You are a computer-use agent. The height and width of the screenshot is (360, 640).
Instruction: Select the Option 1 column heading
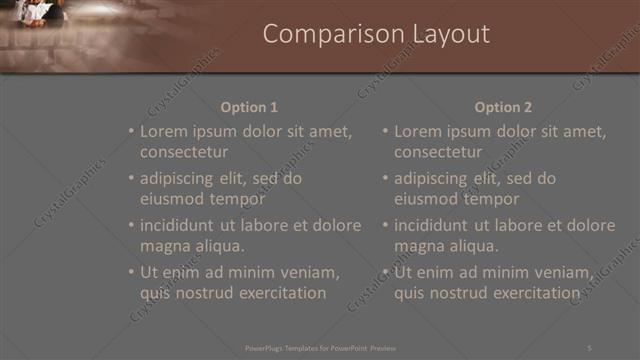pyautogui.click(x=249, y=108)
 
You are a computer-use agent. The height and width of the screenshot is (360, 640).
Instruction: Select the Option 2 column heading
pyautogui.click(x=503, y=108)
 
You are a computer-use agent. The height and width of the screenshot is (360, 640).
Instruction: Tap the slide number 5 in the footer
pyautogui.click(x=589, y=347)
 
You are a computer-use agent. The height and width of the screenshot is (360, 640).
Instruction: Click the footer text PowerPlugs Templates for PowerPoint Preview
pyautogui.click(x=320, y=347)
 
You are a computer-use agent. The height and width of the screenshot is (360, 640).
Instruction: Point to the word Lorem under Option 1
pyautogui.click(x=164, y=131)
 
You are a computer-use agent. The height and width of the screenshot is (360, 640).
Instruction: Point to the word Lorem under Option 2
pyautogui.click(x=418, y=131)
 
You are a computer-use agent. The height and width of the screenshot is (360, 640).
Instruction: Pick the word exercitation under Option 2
pyautogui.click(x=537, y=293)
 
